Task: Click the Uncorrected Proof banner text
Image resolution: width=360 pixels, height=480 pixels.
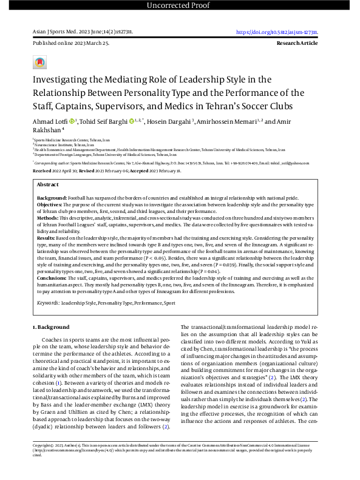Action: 180,6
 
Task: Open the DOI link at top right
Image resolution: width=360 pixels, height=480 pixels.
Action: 280,32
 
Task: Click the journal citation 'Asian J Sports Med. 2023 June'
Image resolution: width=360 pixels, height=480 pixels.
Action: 66,32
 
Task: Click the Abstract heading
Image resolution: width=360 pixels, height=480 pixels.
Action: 48,184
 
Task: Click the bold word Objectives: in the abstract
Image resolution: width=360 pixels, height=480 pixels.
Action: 51,206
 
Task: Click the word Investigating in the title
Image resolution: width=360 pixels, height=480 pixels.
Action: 66,79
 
